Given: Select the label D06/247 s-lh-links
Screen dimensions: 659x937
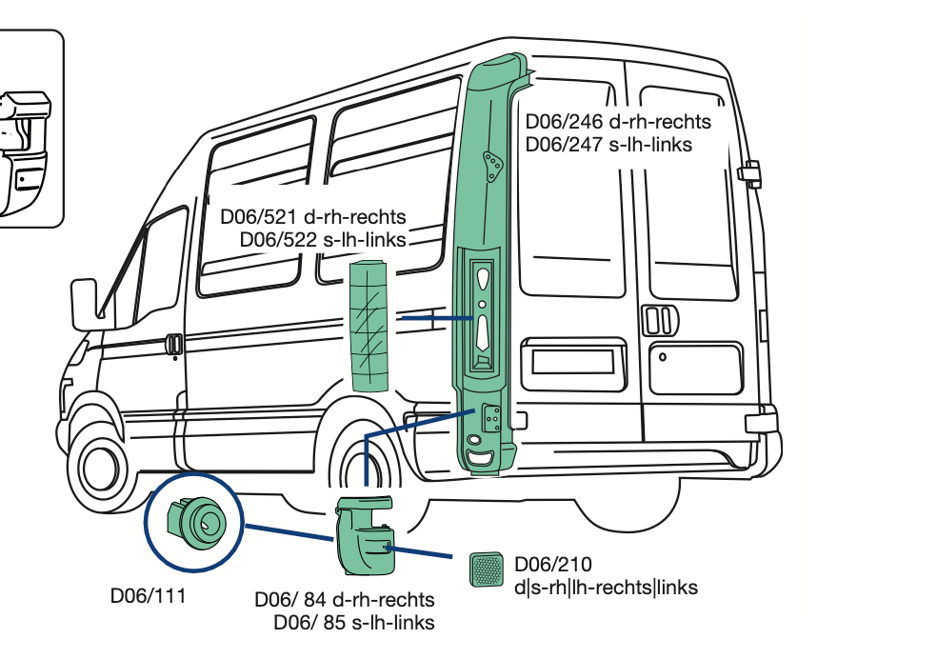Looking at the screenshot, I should tap(608, 145).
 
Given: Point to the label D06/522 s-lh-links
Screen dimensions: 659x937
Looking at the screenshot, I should tap(323, 239).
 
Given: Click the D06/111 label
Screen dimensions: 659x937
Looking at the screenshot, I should tap(148, 597).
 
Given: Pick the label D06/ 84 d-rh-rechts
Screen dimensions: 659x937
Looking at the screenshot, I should tap(344, 600).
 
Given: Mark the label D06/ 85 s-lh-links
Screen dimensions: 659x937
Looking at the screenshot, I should tap(354, 623).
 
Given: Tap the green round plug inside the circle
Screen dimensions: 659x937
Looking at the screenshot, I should tap(197, 521).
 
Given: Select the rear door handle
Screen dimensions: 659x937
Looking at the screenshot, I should tap(656, 320).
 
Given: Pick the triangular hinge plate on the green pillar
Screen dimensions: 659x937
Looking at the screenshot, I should tap(492, 167).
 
